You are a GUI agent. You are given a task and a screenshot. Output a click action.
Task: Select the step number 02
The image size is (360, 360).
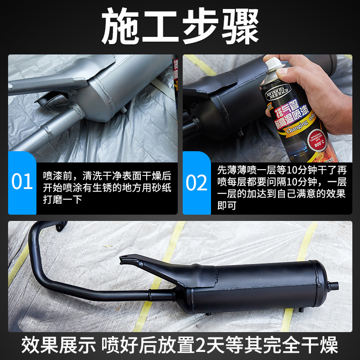[x=197, y=182]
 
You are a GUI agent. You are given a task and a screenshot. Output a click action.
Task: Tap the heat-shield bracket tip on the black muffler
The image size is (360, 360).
[x=124, y=261]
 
